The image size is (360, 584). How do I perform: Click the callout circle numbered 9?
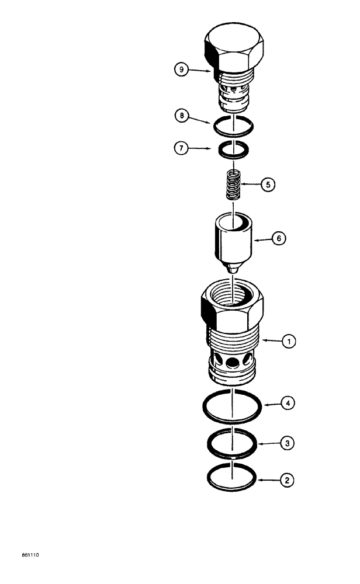click(x=182, y=69)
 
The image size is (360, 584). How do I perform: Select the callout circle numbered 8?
click(x=182, y=116)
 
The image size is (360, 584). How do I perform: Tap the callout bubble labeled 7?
click(x=182, y=148)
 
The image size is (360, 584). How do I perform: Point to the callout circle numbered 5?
click(x=268, y=185)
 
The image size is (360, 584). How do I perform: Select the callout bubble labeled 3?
click(x=287, y=443)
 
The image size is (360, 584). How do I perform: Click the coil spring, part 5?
click(x=234, y=185)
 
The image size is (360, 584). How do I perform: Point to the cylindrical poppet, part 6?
click(x=232, y=239)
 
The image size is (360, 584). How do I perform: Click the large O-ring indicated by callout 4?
click(x=205, y=406)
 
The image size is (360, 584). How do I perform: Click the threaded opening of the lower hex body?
click(x=232, y=293)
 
